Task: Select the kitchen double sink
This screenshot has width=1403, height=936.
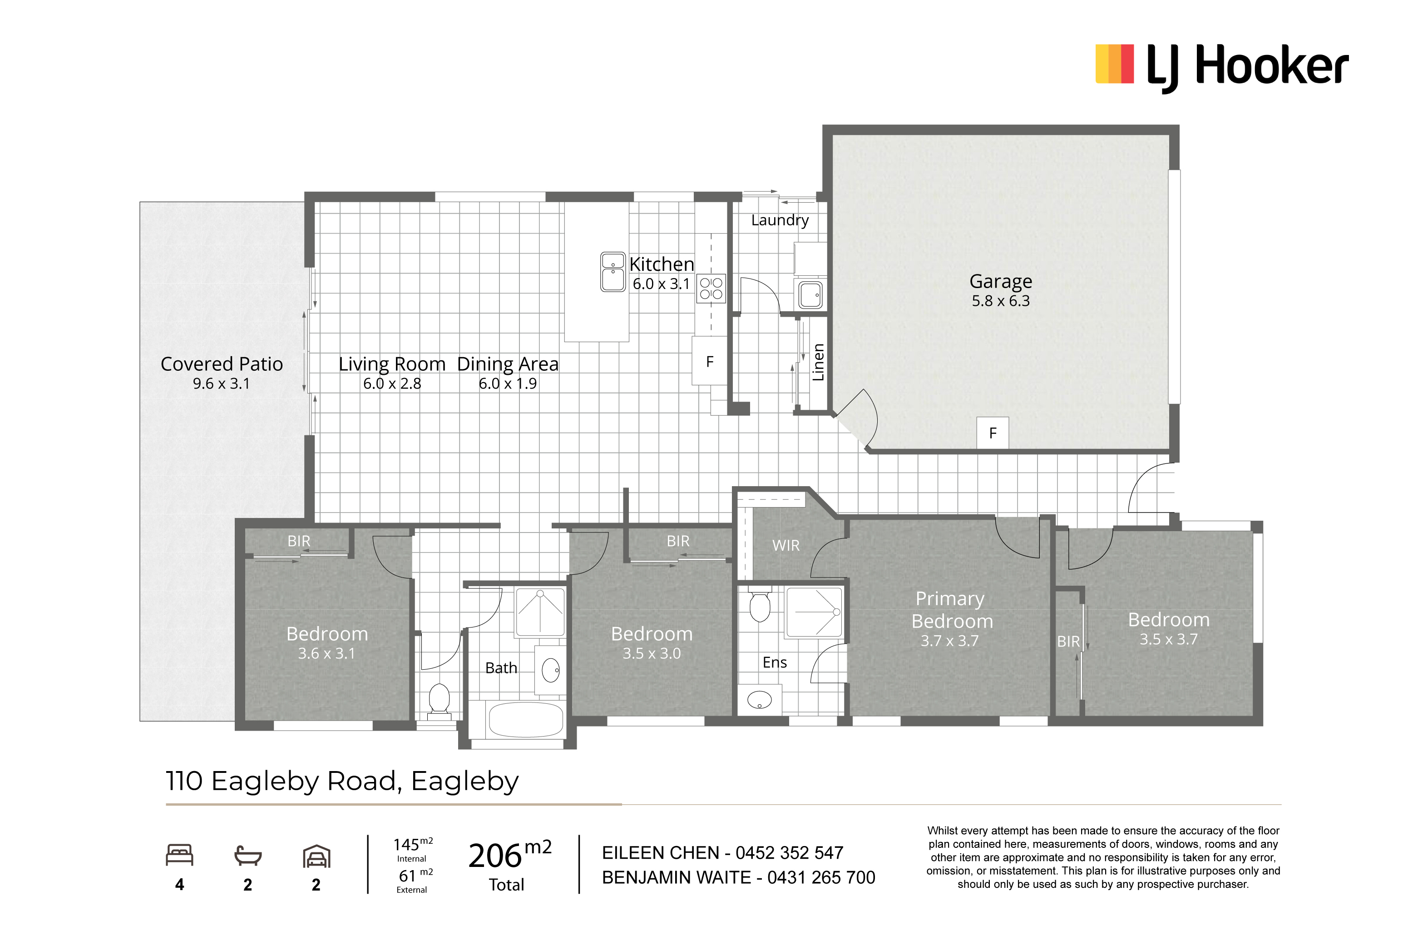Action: (x=613, y=272)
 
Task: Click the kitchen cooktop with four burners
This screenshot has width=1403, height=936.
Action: (x=711, y=289)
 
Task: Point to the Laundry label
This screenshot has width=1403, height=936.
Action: (x=780, y=220)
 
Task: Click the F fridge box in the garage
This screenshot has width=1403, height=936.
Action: (x=993, y=433)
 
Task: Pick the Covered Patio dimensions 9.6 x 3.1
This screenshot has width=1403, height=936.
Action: (x=221, y=384)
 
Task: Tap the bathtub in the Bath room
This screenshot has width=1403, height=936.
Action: (x=525, y=720)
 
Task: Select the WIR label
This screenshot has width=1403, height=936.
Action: (x=785, y=546)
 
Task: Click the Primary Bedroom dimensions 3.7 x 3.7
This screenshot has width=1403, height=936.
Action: (x=950, y=641)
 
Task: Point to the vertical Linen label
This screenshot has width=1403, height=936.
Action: (x=818, y=362)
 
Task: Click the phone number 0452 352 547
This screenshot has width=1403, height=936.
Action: (x=789, y=853)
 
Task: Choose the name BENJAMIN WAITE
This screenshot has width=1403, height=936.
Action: (x=677, y=877)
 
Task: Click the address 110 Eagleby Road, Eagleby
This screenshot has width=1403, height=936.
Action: (x=342, y=782)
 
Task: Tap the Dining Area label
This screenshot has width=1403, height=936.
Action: (x=508, y=364)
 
